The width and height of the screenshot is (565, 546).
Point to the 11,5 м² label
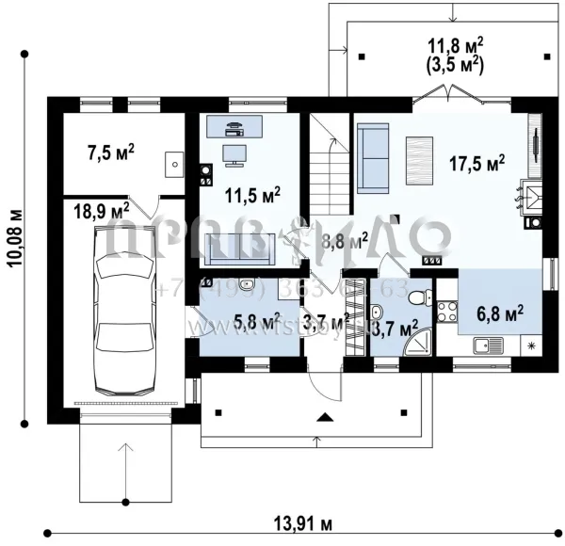point(251,196)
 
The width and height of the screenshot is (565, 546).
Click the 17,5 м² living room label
point(476,162)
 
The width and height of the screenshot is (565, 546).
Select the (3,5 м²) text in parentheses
point(456,67)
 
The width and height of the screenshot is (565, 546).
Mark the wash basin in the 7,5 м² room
point(172,164)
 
